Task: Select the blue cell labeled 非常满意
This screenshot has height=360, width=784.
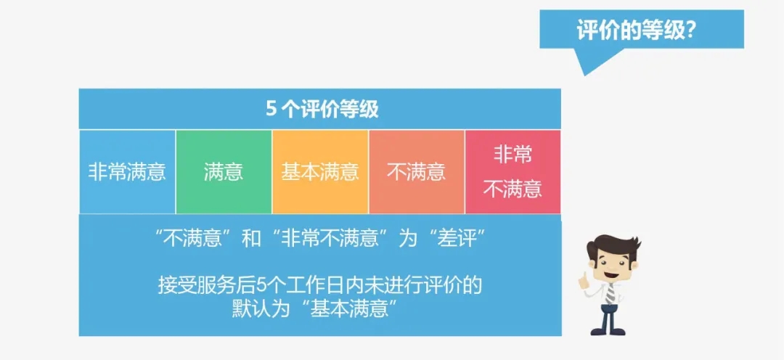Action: (128, 172)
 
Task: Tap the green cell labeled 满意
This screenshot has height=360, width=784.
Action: (224, 172)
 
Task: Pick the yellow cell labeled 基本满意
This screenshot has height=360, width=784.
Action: (321, 172)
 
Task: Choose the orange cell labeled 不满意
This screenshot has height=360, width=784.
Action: (417, 172)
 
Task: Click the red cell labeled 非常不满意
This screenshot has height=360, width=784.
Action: (513, 172)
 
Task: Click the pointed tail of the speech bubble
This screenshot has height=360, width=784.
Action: (584, 75)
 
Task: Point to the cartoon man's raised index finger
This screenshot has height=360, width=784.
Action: (582, 277)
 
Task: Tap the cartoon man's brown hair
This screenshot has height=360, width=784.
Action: (614, 246)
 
